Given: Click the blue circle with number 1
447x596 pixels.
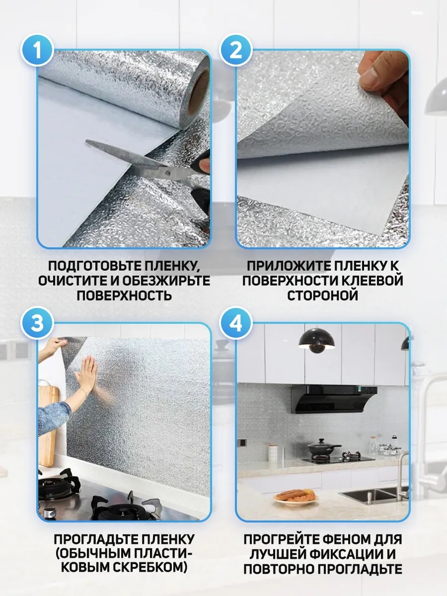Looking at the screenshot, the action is (37, 51).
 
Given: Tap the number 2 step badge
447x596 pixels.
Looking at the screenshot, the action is (235, 51).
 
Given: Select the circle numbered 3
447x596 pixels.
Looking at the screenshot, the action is (37, 323).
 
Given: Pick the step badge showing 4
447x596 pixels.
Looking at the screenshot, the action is (235, 323).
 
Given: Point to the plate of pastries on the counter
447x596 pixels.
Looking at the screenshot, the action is (296, 497).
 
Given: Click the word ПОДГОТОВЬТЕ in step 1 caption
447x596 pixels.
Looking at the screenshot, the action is (95, 266).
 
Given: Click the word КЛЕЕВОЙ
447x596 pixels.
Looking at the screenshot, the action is (371, 281).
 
